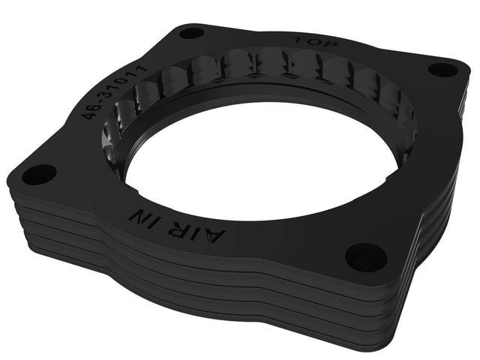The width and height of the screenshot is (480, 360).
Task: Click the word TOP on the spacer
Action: point(316,43)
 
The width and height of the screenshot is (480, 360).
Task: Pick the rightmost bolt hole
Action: point(443,70)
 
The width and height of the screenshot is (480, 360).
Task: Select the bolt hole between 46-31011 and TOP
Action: point(192,32)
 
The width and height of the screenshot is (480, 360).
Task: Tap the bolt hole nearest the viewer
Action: point(365,257)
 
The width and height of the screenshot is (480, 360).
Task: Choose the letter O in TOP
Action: point(316,43)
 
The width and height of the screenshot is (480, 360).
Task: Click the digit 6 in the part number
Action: point(93,112)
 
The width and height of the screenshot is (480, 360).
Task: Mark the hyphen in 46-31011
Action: point(100,106)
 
